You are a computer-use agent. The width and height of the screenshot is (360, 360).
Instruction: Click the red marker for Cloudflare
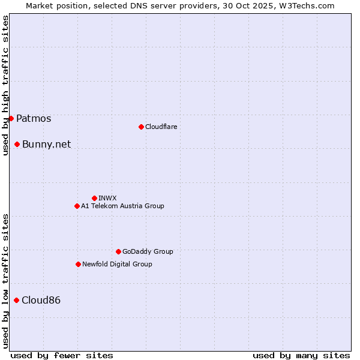141,127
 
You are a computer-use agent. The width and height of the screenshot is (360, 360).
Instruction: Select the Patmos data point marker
11,118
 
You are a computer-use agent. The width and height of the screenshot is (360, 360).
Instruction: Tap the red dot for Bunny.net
17,144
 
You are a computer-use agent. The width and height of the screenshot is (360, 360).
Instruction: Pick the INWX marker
94,198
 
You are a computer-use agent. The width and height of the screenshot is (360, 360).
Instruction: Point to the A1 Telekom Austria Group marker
77,206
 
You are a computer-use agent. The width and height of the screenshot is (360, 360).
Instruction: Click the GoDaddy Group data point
118,251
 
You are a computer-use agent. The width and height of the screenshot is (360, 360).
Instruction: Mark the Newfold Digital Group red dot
78,264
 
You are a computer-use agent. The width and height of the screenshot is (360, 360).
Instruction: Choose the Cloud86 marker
16,300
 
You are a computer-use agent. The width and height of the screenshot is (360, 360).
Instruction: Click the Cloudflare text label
161,127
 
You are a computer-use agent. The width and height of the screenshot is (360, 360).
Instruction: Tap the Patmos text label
34,118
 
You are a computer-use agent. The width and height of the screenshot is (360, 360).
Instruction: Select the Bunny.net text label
46,144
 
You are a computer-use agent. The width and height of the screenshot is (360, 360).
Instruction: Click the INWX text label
107,198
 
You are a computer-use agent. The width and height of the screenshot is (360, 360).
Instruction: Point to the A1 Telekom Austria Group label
122,206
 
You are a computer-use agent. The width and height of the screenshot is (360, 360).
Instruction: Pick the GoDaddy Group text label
148,251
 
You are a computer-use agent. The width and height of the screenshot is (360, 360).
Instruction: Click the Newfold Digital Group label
117,264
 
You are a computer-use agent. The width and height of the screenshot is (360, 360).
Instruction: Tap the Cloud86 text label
41,300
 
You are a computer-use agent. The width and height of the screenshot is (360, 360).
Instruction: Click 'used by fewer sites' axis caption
62,355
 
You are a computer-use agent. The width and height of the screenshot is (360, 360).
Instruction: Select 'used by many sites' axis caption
301,355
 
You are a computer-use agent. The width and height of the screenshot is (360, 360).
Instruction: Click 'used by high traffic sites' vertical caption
5,85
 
